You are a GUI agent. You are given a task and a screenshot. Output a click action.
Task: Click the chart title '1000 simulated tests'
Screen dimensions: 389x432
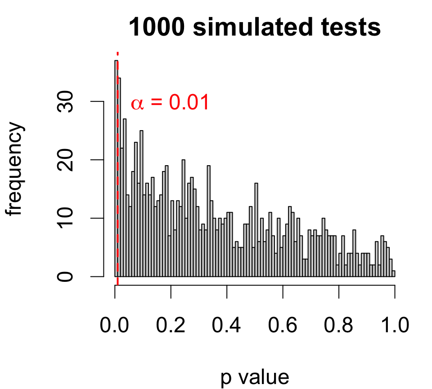[x=255, y=28]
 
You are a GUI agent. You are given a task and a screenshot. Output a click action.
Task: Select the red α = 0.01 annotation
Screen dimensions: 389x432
[x=170, y=103]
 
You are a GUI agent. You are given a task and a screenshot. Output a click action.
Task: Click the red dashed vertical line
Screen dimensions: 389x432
[x=117, y=180]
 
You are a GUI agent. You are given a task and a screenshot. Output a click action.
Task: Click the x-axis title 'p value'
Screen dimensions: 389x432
[x=255, y=377]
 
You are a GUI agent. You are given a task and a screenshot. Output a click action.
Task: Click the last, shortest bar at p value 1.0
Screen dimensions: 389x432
[x=394, y=274]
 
